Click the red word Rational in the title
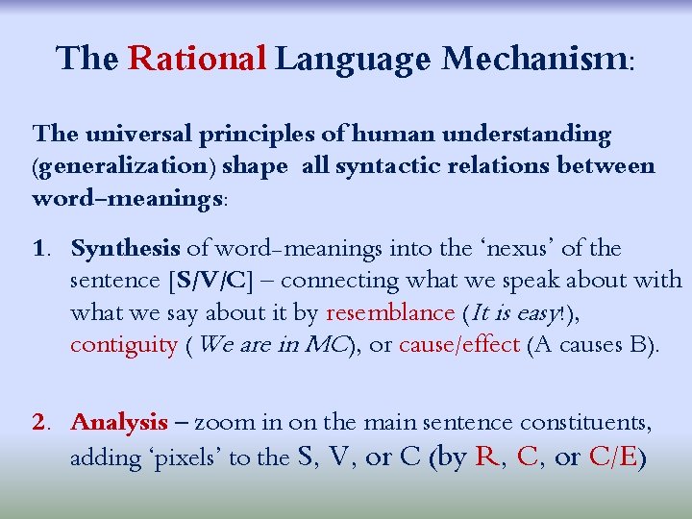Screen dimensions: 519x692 (196, 60)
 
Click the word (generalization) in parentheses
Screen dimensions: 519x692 (124, 165)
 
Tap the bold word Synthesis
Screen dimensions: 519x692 (125, 250)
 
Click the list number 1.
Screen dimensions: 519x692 (40, 250)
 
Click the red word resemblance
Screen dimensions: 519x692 (390, 312)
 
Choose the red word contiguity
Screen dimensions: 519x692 (124, 344)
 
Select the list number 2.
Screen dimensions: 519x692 (40, 423)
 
